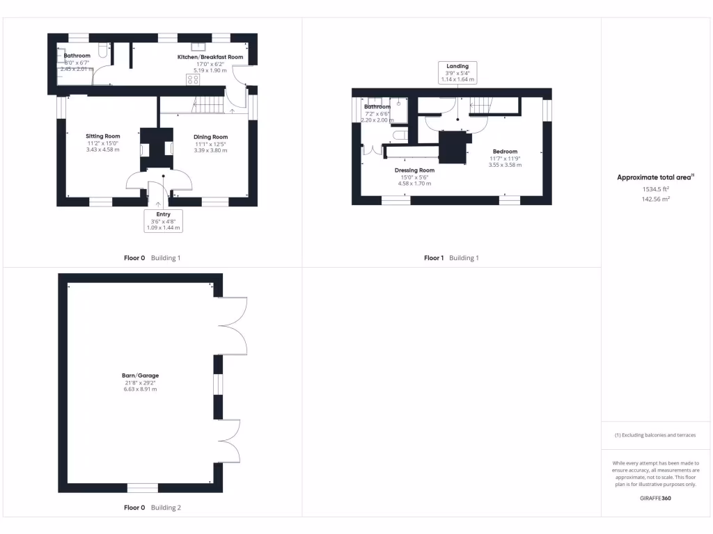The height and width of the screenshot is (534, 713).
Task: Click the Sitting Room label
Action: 103,136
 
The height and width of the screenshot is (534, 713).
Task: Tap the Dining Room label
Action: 210,137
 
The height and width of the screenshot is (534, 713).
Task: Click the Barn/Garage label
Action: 140,375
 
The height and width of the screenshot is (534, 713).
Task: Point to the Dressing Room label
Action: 414,170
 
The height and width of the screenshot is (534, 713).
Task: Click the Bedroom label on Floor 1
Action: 505,152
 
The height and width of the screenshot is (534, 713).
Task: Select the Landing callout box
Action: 457,72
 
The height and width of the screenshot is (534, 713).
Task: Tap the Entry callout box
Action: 163,220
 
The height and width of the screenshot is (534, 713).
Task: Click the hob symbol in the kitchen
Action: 192,79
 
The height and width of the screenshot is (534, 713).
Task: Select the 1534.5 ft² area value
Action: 655,188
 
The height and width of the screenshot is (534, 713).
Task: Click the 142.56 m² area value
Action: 655,199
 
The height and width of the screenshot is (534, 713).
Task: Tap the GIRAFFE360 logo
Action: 655,498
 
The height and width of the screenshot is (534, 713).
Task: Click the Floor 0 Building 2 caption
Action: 152,508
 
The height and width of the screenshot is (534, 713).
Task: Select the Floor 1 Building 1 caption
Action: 451,258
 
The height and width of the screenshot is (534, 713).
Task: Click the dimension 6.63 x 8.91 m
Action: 140,389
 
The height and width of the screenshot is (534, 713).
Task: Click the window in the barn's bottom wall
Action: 142,487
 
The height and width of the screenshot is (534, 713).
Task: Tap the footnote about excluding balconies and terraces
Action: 655,435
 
